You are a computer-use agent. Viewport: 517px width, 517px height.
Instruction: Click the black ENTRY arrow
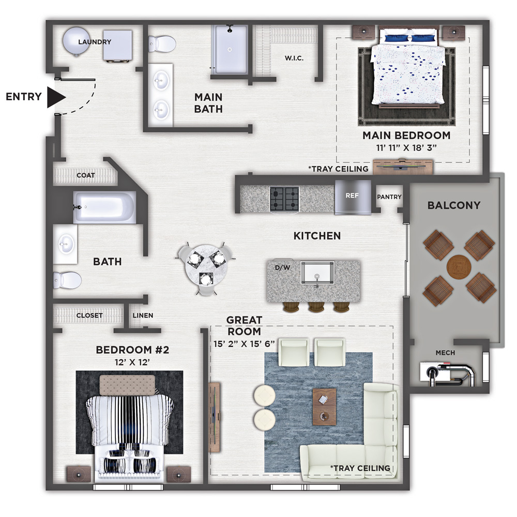tap(56, 97)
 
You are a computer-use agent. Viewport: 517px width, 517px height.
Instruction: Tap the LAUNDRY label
tap(95, 42)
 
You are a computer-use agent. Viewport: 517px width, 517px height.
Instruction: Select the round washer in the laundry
tap(77, 41)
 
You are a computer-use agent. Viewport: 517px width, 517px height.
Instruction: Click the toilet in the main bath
tap(162, 43)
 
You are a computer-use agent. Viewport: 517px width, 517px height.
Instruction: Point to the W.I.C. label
tap(294, 58)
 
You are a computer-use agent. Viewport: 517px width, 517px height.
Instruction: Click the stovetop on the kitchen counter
tap(284, 199)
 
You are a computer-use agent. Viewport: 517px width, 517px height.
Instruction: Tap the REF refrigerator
tap(353, 197)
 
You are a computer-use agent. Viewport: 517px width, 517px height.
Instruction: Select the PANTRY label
tap(389, 197)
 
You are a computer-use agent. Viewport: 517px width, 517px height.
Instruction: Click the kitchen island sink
tap(317, 272)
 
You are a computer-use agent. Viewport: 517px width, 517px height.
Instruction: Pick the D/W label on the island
tap(283, 268)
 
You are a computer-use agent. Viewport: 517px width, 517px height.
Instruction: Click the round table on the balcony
tap(459, 267)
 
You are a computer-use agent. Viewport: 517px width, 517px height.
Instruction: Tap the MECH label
tap(445, 353)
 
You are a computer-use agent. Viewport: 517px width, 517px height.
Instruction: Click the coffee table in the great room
tap(325, 407)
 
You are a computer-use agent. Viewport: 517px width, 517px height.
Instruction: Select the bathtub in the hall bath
tap(104, 207)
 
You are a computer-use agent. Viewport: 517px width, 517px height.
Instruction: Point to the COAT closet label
tap(86, 175)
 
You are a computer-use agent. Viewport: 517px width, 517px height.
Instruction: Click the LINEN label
tap(143, 315)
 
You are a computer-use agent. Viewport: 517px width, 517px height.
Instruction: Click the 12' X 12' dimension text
tap(132, 362)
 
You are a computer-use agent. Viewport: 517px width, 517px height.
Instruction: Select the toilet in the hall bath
tap(67, 280)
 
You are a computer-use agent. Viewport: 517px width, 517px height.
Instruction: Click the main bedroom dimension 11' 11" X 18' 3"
tap(406, 148)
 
